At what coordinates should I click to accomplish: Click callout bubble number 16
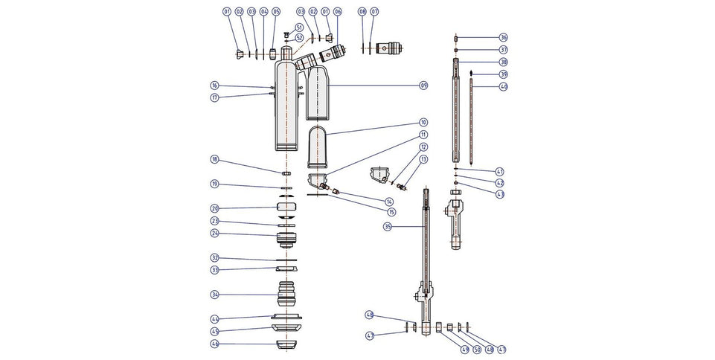click(214, 86)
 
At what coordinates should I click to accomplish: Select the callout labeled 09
click(423, 86)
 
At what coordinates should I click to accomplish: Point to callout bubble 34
click(214, 295)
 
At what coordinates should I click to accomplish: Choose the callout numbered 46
click(214, 344)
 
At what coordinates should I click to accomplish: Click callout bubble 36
click(503, 37)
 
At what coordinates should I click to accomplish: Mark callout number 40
click(503, 86)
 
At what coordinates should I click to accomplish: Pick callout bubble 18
click(214, 159)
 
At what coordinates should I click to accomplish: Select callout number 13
click(424, 159)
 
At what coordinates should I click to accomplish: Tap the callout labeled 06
click(337, 12)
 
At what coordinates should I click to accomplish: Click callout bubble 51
click(299, 28)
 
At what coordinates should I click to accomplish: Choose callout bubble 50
click(477, 350)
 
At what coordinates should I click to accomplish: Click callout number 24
click(214, 233)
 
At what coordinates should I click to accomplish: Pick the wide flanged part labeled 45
click(286, 328)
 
